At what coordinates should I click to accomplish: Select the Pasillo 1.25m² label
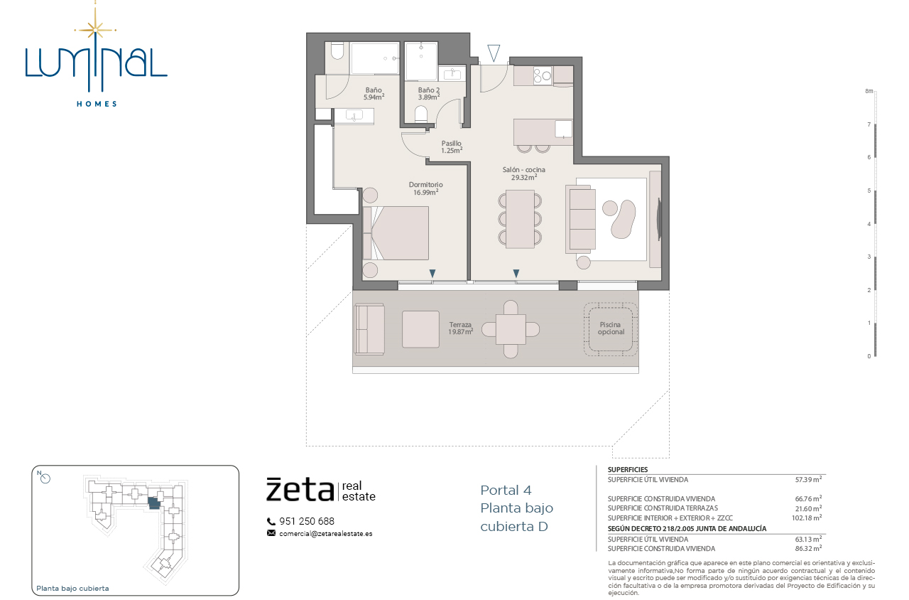[451, 146]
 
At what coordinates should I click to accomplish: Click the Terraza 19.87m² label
[461, 328]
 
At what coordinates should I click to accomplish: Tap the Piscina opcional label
[610, 328]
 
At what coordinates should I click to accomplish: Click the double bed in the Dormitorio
[396, 233]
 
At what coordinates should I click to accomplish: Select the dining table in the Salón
[520, 219]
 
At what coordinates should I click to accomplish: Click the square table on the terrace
[511, 329]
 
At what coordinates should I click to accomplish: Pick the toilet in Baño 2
[421, 114]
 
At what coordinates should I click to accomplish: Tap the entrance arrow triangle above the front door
[494, 53]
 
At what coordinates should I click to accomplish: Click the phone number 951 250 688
[306, 521]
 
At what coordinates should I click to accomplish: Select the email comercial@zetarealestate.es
[325, 534]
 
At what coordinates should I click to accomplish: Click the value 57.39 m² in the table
[808, 479]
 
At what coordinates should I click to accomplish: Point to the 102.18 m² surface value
[807, 518]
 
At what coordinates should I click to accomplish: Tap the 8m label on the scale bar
[869, 91]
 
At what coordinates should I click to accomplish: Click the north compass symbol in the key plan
[45, 478]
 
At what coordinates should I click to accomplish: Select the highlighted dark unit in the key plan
[154, 504]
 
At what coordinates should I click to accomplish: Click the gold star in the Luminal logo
[95, 30]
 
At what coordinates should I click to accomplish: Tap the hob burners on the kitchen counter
[543, 75]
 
